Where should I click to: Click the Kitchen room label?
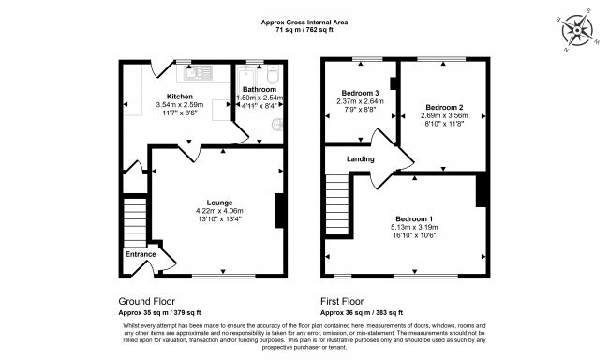(x=180, y=97)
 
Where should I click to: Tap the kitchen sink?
(x=200, y=69)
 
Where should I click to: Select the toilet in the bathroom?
(x=272, y=74)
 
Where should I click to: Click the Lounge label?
(x=220, y=202)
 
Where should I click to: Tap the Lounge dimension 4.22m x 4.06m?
(x=220, y=211)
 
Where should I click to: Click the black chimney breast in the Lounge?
(x=278, y=209)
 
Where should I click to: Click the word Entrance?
(x=141, y=253)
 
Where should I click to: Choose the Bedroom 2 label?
(x=439, y=106)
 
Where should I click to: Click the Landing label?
(x=349, y=158)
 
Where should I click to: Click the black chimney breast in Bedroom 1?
(x=482, y=190)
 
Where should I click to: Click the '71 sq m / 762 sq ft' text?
(x=304, y=31)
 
